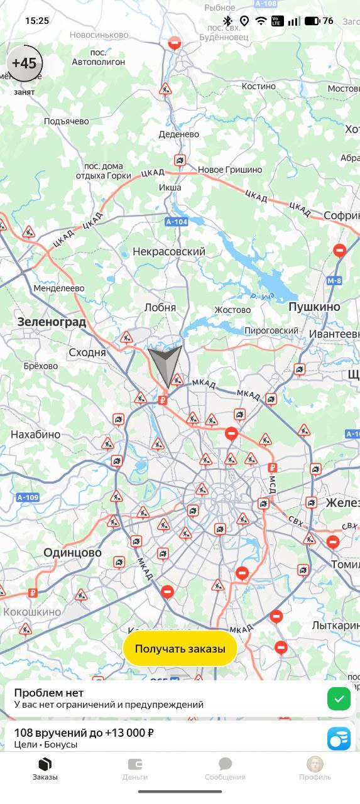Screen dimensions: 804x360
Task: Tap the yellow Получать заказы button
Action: pyautogui.click(x=180, y=649)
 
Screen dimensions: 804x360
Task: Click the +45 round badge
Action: pyautogui.click(x=25, y=63)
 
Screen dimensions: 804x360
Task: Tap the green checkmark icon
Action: pyautogui.click(x=339, y=698)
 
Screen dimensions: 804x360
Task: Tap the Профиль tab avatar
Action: pyautogui.click(x=315, y=764)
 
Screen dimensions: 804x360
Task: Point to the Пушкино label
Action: pyautogui.click(x=314, y=307)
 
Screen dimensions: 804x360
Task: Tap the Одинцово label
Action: pyautogui.click(x=72, y=553)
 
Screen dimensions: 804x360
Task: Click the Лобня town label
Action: pyautogui.click(x=160, y=308)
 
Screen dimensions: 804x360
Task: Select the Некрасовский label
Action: pyautogui.click(x=169, y=252)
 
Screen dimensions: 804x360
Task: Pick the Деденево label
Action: pyautogui.click(x=179, y=134)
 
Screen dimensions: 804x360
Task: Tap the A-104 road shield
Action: pyautogui.click(x=177, y=222)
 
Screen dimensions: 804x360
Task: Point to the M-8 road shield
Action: pyautogui.click(x=335, y=281)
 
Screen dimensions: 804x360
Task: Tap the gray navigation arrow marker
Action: pyautogui.click(x=165, y=364)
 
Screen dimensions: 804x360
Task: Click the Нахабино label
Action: pyautogui.click(x=35, y=434)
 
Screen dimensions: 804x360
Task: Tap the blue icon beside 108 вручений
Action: pyautogui.click(x=339, y=738)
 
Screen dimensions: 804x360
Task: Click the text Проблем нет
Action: pyautogui.click(x=49, y=693)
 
